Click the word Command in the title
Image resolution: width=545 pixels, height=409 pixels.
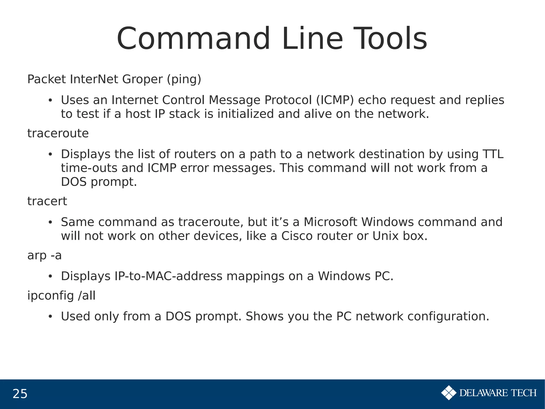(x=193, y=39)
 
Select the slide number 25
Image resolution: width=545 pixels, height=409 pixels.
(x=20, y=394)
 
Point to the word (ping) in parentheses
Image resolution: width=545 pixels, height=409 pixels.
(x=184, y=79)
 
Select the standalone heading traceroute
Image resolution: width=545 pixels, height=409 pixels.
(x=58, y=133)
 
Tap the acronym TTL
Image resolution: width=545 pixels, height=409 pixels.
(x=493, y=154)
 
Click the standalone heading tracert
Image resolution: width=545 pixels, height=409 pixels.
(x=47, y=201)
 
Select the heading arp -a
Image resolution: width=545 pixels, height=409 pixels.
(x=44, y=256)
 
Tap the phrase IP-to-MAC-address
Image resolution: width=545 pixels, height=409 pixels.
(x=168, y=276)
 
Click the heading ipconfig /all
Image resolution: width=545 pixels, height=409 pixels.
(x=61, y=296)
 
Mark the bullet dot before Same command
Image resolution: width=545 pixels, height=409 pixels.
(x=50, y=222)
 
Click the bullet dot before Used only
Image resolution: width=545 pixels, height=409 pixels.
(x=50, y=317)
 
